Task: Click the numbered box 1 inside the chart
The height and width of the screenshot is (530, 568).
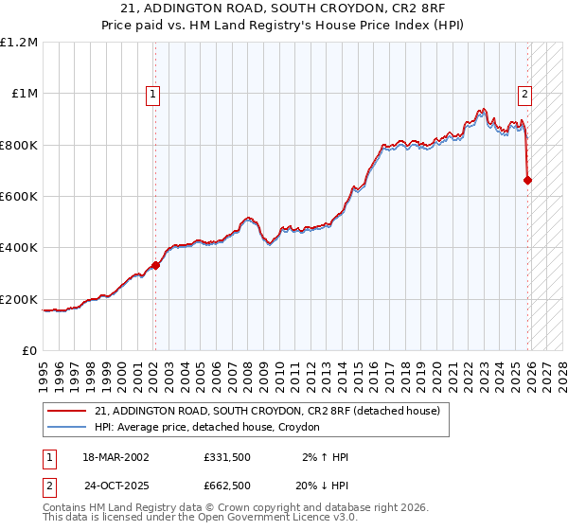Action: click(x=152, y=94)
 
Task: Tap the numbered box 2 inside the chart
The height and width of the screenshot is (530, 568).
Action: click(x=524, y=94)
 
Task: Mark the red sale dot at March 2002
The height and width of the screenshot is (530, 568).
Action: click(x=156, y=266)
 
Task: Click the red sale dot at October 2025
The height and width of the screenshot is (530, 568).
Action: click(x=527, y=180)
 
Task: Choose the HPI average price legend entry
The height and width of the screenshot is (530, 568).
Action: click(x=207, y=428)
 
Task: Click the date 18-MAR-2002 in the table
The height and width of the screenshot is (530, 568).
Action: click(x=115, y=457)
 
